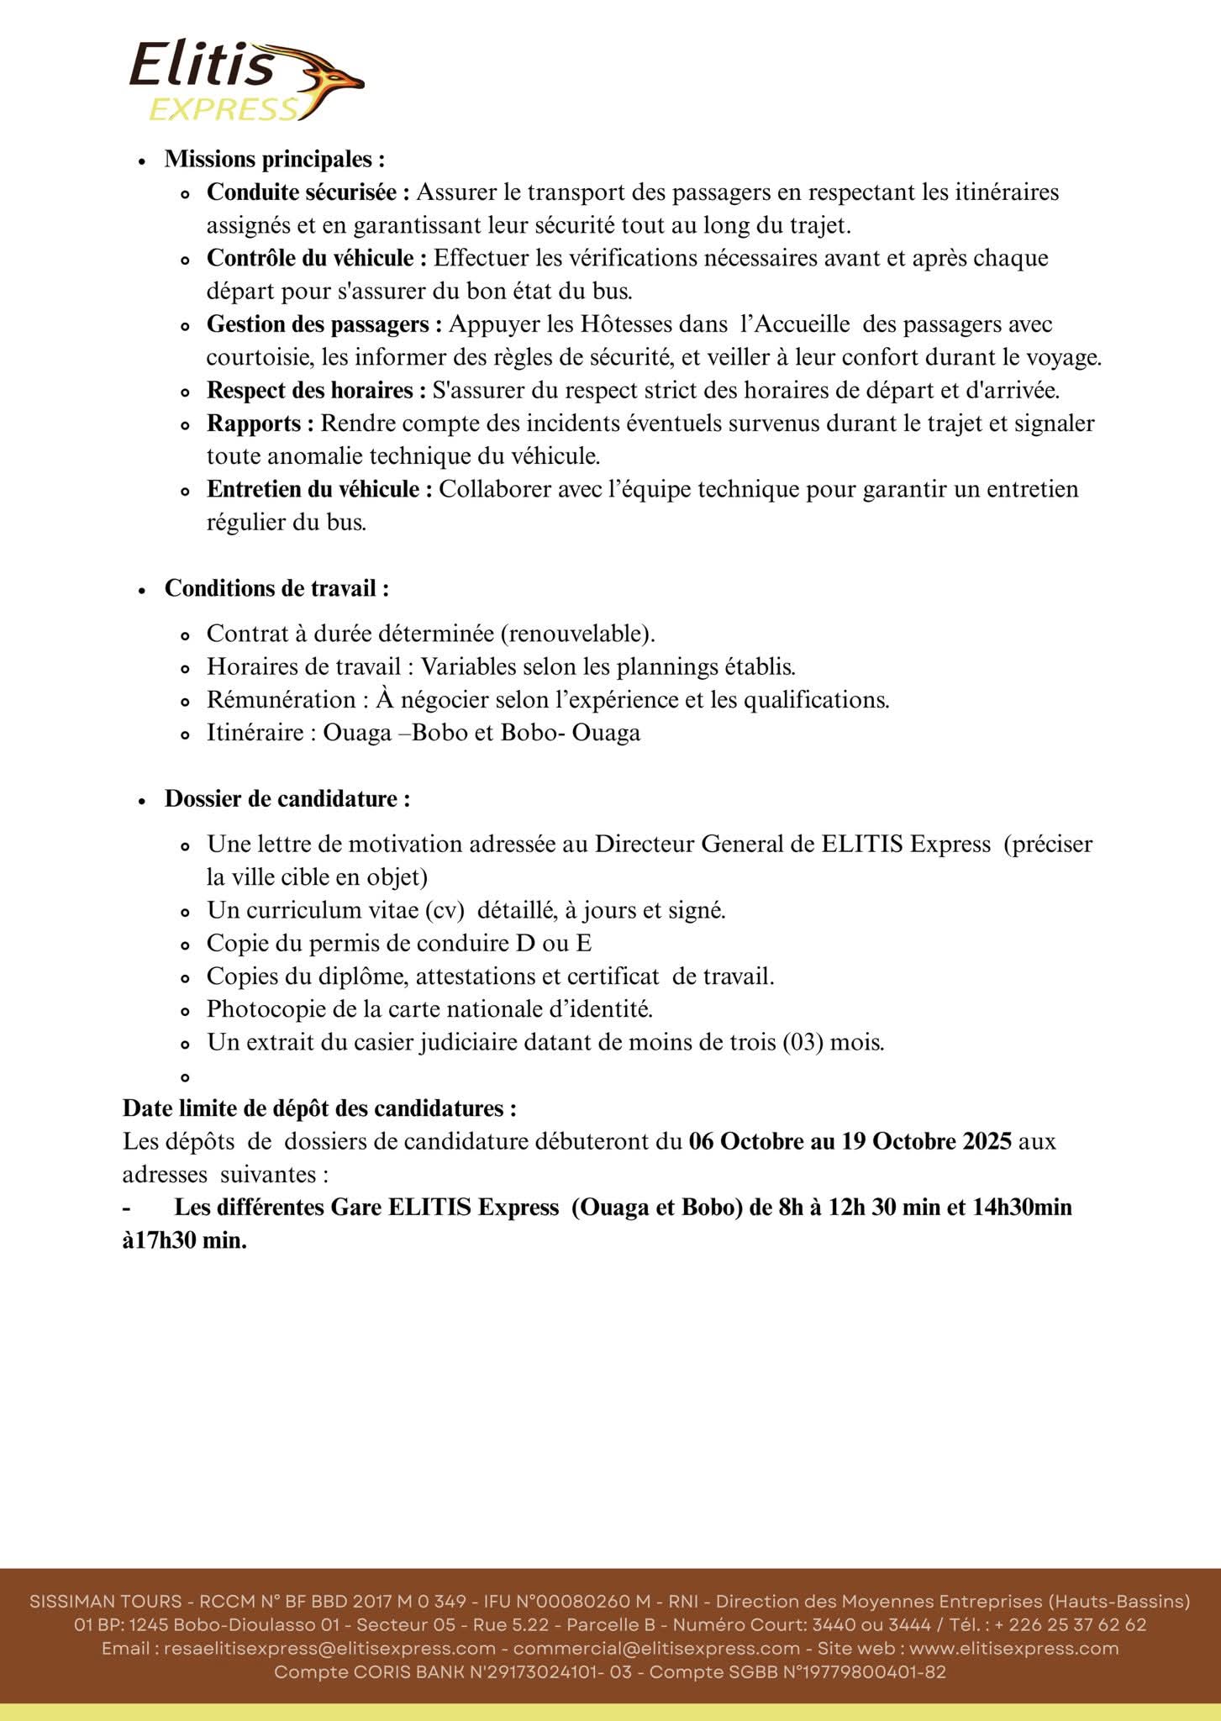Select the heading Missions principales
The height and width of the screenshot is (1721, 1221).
pyautogui.click(x=274, y=159)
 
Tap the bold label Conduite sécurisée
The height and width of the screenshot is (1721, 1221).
pyautogui.click(x=308, y=192)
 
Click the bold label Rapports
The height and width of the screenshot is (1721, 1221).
pyautogui.click(x=260, y=424)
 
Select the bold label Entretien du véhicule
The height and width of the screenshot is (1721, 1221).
pyautogui.click(x=319, y=489)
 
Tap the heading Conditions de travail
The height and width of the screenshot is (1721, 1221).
pyautogui.click(x=276, y=588)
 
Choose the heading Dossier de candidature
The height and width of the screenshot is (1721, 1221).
pyautogui.click(x=287, y=798)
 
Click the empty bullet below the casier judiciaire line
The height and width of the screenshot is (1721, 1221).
pyautogui.click(x=186, y=1077)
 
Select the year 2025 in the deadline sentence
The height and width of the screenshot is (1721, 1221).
pyautogui.click(x=987, y=1142)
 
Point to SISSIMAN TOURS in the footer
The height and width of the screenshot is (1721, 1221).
pyautogui.click(x=105, y=1601)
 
